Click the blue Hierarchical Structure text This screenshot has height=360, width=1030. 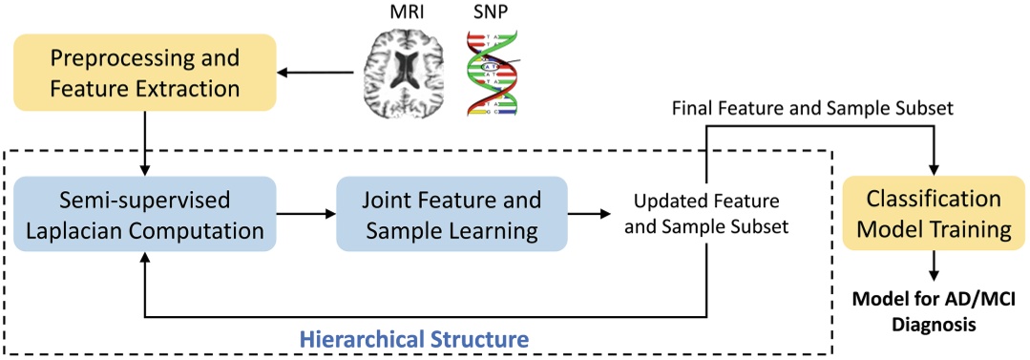pyautogui.click(x=414, y=339)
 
